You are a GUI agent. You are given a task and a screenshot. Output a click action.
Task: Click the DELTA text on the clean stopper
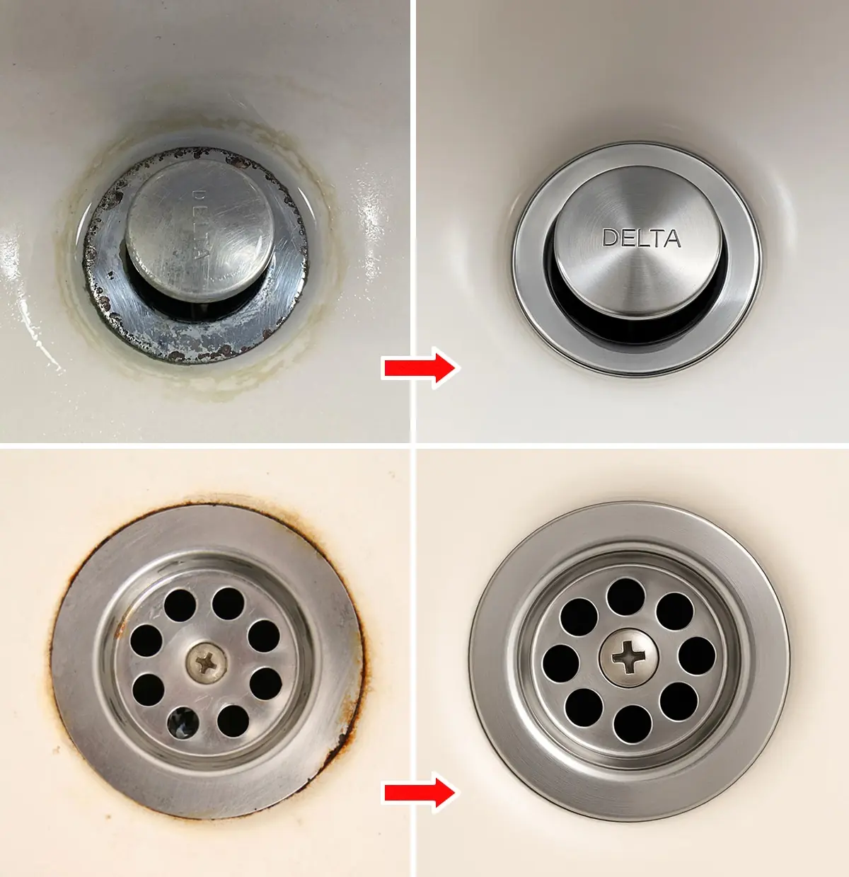641,239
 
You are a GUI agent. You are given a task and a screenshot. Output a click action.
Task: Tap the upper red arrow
420,367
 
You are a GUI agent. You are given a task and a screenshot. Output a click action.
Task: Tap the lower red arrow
420,792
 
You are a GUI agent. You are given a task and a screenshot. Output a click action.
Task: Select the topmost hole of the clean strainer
625,596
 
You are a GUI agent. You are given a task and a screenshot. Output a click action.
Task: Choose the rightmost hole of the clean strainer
697,655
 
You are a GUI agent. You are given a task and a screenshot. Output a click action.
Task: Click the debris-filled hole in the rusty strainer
181,722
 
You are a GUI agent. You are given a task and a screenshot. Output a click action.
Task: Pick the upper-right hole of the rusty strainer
264,636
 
